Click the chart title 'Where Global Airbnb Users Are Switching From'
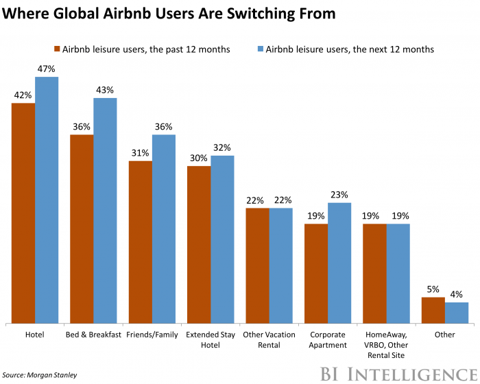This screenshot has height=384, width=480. tap(171, 14)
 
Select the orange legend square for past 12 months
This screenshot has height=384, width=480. tap(57, 49)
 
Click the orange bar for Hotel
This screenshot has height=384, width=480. tap(23, 213)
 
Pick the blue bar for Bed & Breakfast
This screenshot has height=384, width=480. tap(105, 210)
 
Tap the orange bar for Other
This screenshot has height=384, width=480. tap(433, 310)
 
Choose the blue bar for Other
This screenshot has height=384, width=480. tap(456, 313)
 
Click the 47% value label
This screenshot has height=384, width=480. tap(47, 69)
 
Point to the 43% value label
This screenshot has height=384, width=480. tap(105, 91)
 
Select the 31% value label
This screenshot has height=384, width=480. tap(140, 153)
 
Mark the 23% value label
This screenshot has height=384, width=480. tap(339, 195)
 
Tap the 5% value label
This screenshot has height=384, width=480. tap(433, 289)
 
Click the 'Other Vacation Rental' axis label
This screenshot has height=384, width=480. tap(269, 339)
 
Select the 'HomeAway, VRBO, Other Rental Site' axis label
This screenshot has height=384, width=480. tap(386, 345)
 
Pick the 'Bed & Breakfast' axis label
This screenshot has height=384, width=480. tap(93, 335)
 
